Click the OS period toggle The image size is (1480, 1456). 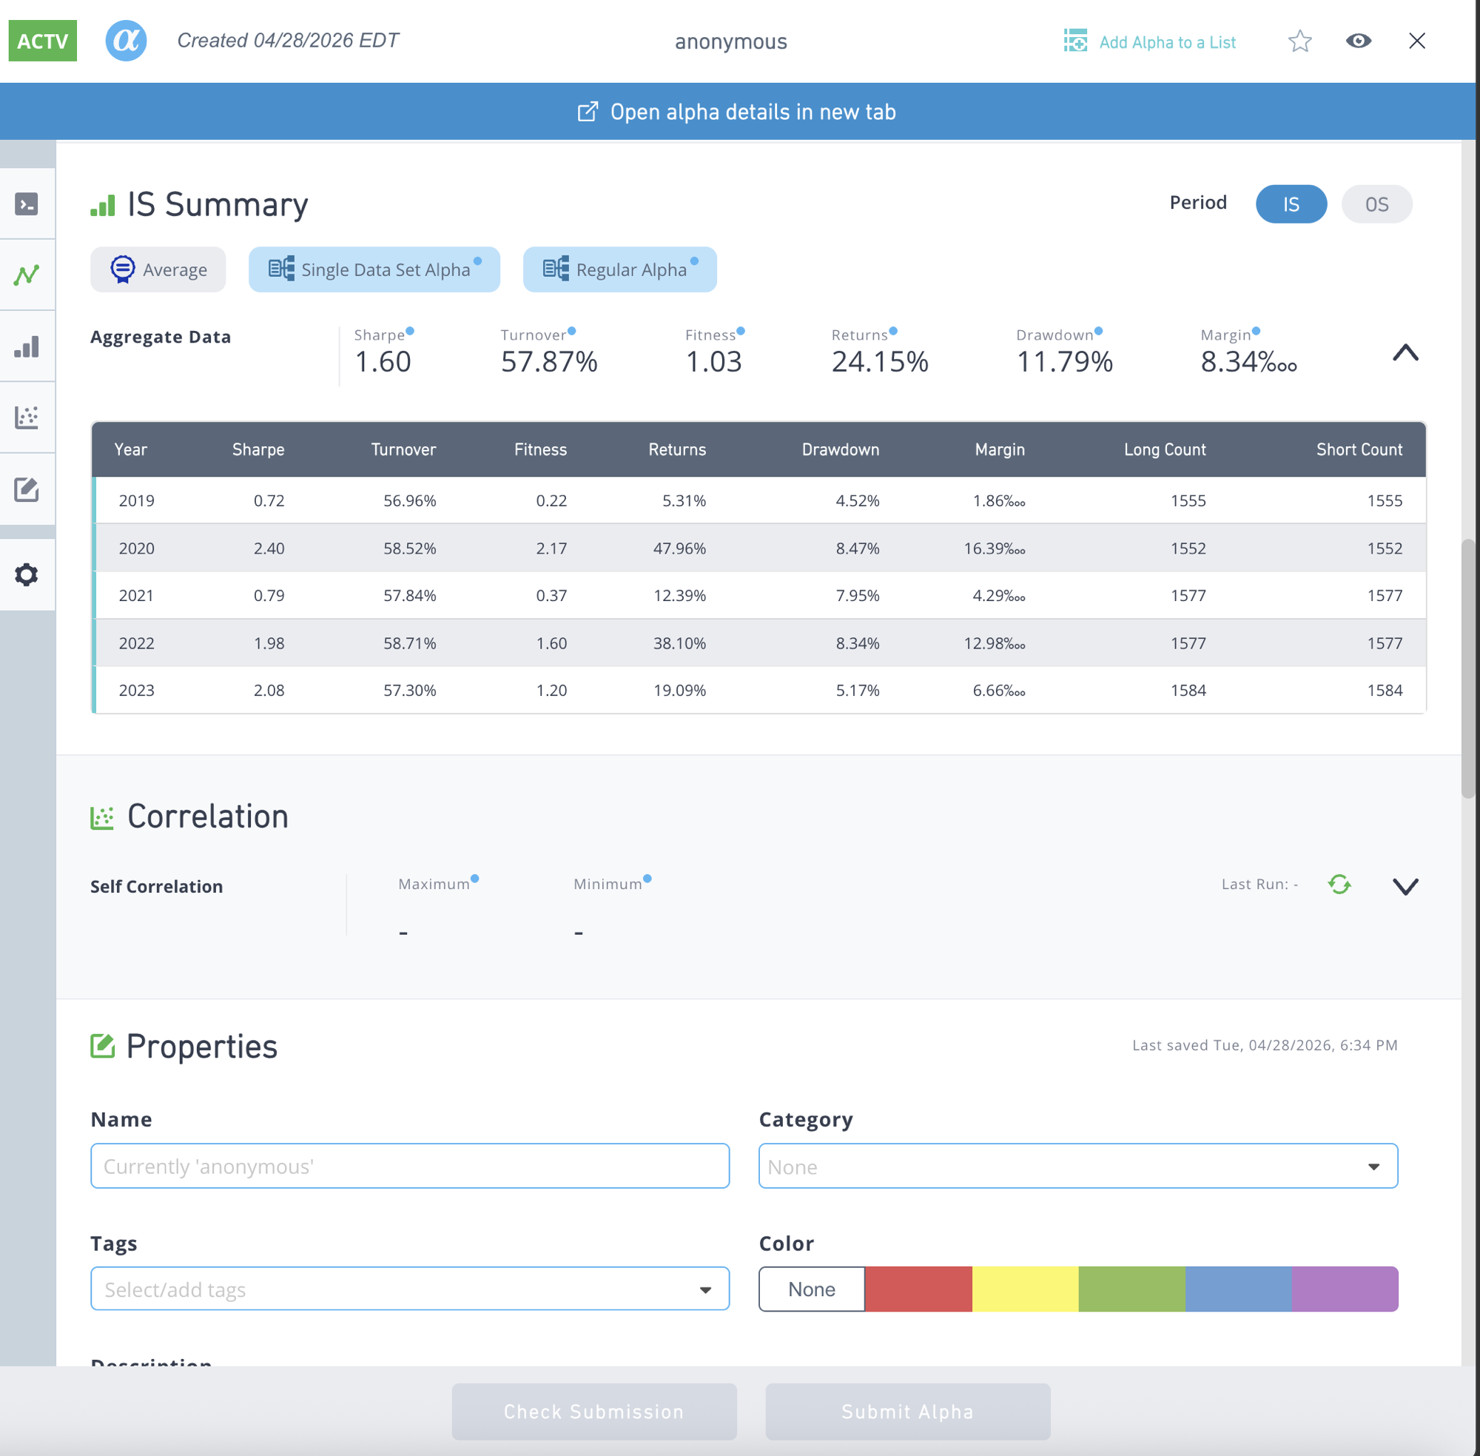pos(1376,204)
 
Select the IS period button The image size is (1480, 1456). pos(1291,204)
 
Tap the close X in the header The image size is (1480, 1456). pos(1416,41)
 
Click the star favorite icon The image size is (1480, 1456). pos(1299,41)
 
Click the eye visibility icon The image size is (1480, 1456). pos(1358,41)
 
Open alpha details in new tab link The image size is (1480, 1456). pos(737,112)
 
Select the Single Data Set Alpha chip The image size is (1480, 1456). pos(374,269)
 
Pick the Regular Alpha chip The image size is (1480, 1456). pos(619,269)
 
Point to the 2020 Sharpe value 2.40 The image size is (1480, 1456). pos(269,548)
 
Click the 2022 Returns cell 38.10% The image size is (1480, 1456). pos(679,643)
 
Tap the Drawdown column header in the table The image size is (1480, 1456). pos(840,449)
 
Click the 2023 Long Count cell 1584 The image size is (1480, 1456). pos(1188,691)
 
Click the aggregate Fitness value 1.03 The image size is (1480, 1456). pos(713,362)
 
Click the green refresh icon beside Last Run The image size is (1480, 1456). pos(1339,885)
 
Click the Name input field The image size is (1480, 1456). pos(410,1166)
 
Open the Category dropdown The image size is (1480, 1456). pos(1078,1166)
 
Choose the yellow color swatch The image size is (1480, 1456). pos(1025,1289)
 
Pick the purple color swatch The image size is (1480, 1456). pos(1345,1289)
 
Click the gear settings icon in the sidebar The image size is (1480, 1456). pos(27,575)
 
